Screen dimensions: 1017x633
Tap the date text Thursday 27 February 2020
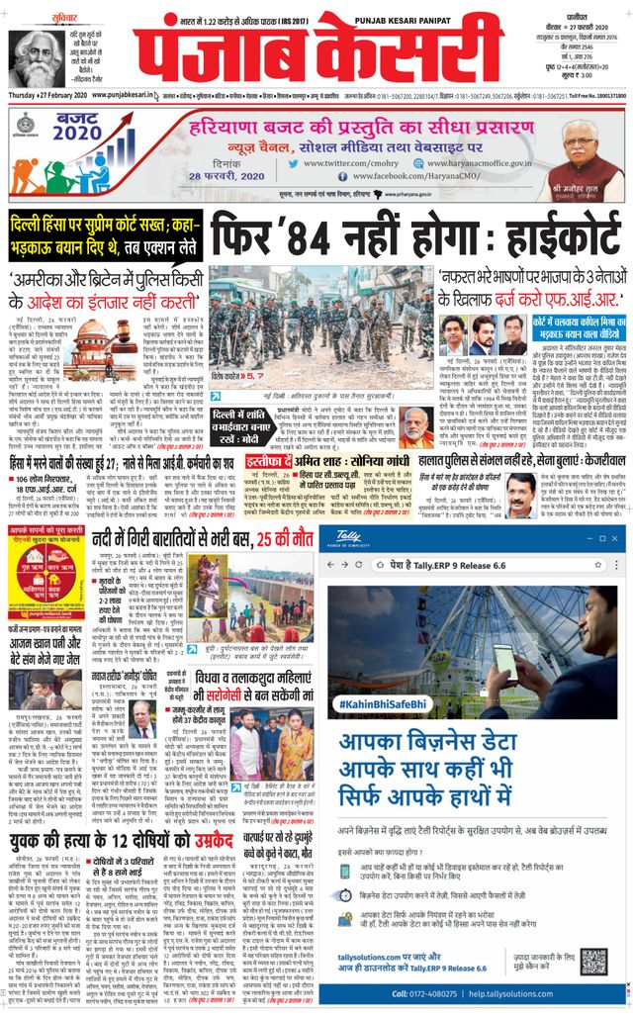50,95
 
